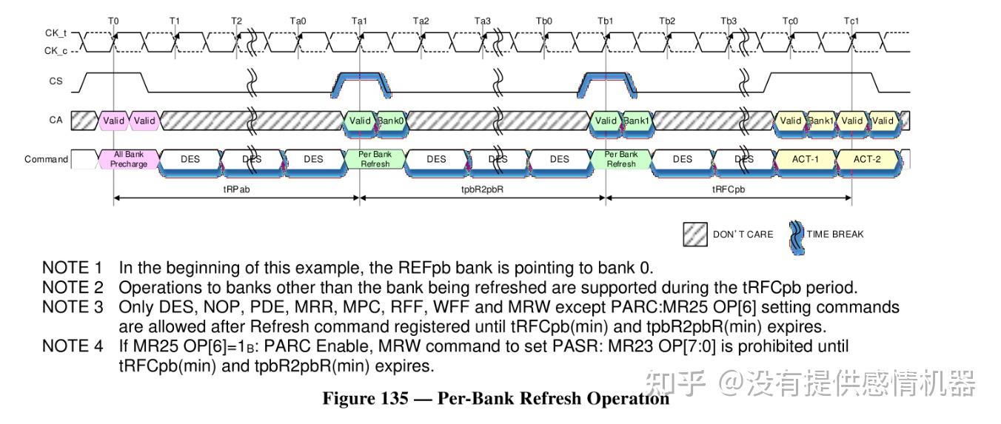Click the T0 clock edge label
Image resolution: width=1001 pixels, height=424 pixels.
(x=113, y=21)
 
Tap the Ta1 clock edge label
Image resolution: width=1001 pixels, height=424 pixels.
(x=360, y=21)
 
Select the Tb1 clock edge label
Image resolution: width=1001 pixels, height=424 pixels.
(x=606, y=21)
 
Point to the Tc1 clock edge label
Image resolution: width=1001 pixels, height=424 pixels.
(x=852, y=21)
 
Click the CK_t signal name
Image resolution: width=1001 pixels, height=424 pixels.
(x=56, y=34)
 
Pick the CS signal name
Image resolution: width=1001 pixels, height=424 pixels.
(x=56, y=81)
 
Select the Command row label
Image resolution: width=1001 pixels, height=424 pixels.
(x=46, y=159)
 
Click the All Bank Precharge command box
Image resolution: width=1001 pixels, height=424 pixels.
(x=129, y=159)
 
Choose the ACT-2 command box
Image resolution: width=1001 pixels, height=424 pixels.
(x=868, y=159)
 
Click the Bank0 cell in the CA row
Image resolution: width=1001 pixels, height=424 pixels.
(x=391, y=121)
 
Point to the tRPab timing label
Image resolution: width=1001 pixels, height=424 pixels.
(x=236, y=189)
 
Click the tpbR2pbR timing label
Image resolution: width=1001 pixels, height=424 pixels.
(x=482, y=189)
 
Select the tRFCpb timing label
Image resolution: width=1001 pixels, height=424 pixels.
(x=729, y=189)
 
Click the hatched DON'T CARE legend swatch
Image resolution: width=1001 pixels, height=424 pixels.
(x=695, y=234)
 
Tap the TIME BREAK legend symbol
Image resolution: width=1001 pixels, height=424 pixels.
(x=797, y=235)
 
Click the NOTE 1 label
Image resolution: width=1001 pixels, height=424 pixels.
(x=72, y=267)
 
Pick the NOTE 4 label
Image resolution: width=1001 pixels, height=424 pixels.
(x=72, y=346)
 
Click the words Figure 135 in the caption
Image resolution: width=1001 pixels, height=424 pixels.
(x=365, y=399)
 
